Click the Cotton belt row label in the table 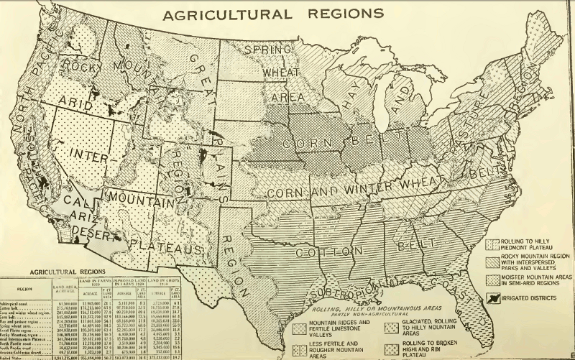17,310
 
